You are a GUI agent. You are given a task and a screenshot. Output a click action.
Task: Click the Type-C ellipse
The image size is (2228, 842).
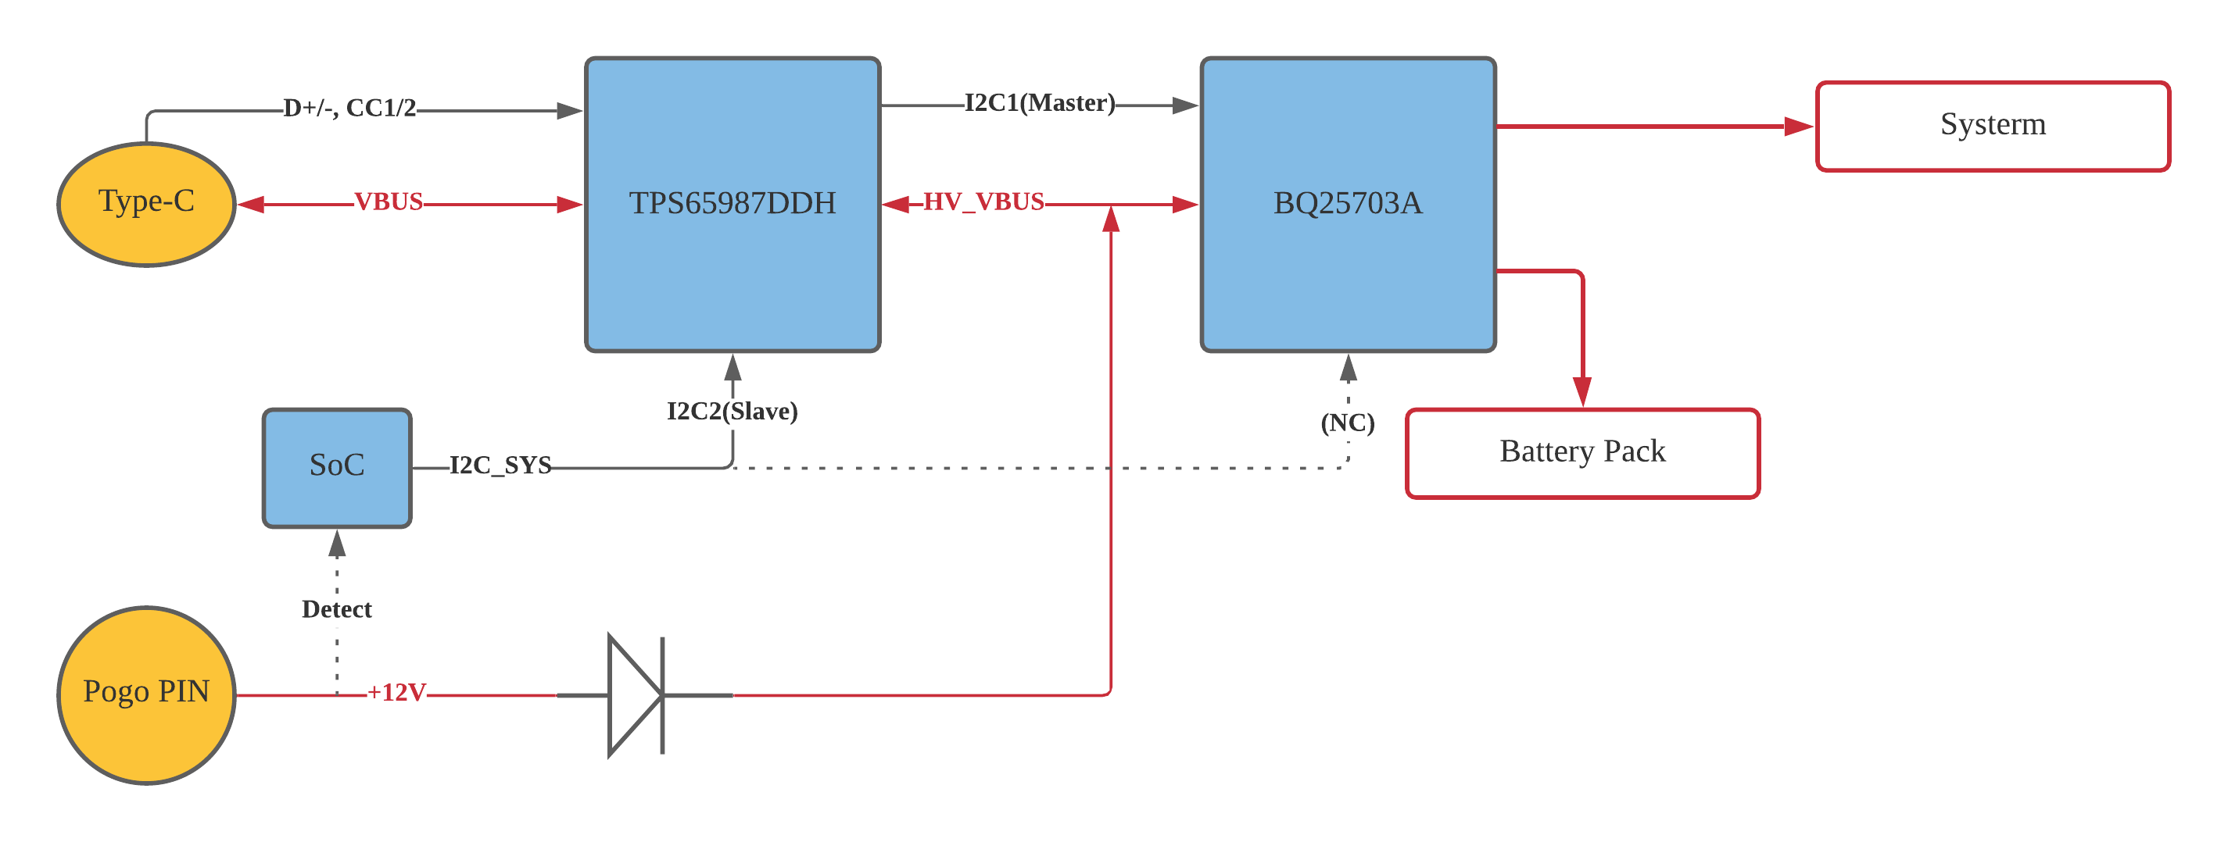click(x=146, y=204)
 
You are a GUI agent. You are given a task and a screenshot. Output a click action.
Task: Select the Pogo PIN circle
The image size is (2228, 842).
click(x=146, y=694)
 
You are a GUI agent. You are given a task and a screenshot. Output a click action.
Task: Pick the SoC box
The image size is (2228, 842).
click(x=336, y=468)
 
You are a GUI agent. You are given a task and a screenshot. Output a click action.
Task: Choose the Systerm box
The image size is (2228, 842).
click(x=1992, y=127)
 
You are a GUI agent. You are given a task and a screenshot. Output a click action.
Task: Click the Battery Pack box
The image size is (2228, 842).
click(x=1582, y=453)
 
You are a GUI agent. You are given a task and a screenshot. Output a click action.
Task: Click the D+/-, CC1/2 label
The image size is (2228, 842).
click(x=349, y=108)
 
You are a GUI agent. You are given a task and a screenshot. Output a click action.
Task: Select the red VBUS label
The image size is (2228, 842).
click(x=389, y=202)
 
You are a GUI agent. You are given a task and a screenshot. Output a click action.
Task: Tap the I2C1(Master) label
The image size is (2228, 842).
click(x=1039, y=103)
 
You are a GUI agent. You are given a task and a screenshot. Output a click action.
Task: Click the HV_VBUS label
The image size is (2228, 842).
click(x=983, y=202)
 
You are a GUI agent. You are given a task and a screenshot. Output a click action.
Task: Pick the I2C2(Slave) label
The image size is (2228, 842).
click(x=732, y=411)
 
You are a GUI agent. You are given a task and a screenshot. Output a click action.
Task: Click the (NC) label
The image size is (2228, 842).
click(x=1347, y=423)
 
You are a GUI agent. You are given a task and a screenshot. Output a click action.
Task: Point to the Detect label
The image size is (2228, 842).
click(x=336, y=609)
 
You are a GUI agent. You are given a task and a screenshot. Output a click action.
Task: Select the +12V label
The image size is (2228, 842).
click(x=396, y=693)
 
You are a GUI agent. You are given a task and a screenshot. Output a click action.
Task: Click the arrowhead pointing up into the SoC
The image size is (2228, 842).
click(x=336, y=544)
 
